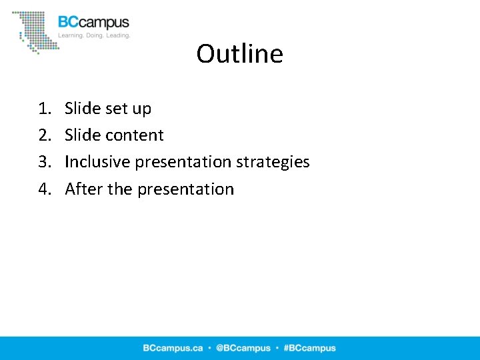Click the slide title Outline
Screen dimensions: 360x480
point(239,54)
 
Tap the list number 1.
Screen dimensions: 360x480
point(44,109)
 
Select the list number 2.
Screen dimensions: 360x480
point(44,135)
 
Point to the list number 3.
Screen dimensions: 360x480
point(44,162)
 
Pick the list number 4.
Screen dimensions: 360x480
point(44,189)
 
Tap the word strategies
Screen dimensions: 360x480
point(273,163)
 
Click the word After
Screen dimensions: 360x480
point(83,189)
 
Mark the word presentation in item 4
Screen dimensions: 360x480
point(185,190)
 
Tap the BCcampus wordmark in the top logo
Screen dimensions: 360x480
point(93,23)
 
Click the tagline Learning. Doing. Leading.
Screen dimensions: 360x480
point(94,35)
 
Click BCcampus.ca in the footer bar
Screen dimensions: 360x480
point(172,348)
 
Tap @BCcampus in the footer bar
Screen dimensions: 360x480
point(243,348)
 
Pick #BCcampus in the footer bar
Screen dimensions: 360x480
point(309,348)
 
